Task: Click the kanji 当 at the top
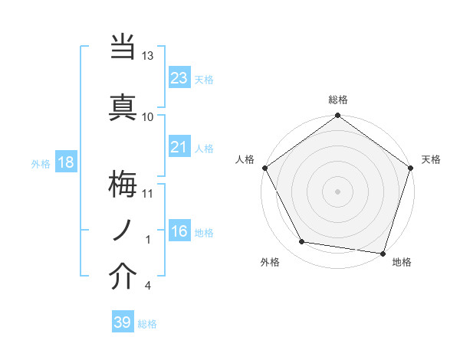(123, 47)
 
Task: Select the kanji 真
(123, 107)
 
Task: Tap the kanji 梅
(123, 184)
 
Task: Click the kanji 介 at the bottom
(123, 277)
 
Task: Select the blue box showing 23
(179, 78)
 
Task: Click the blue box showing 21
(179, 147)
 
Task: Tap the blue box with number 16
(179, 231)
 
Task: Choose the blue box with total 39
(122, 322)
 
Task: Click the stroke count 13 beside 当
(148, 56)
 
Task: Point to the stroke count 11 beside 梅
(148, 192)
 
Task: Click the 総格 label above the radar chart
(338, 100)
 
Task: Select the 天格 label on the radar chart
(431, 159)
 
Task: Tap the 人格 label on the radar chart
(245, 159)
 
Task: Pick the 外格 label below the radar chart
(269, 262)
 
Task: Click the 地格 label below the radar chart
(402, 262)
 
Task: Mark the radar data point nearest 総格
(337, 116)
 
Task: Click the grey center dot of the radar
(337, 191)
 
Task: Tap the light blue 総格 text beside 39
(147, 324)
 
